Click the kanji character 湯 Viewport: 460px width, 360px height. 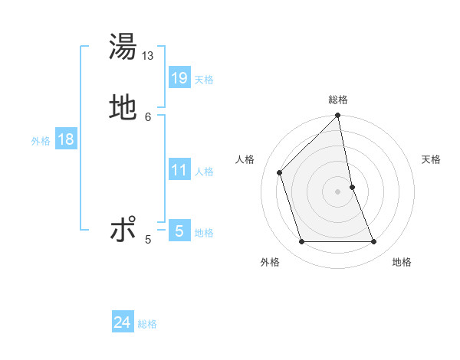(123, 47)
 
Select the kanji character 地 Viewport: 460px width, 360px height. (123, 106)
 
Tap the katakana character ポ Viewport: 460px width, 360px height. (123, 229)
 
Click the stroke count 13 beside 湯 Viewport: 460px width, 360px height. (148, 56)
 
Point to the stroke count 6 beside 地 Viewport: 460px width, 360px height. (148, 116)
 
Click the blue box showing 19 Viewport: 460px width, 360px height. (179, 78)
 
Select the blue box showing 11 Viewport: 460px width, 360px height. (179, 170)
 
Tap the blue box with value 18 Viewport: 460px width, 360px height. (65, 139)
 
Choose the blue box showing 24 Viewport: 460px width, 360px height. (123, 322)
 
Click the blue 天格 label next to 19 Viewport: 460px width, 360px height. (204, 80)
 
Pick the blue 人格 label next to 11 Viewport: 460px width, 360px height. (204, 172)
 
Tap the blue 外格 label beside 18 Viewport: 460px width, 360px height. (41, 141)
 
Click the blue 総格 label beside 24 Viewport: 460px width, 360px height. (147, 324)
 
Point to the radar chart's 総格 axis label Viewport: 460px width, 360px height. (338, 100)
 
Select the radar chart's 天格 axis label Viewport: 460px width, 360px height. (431, 159)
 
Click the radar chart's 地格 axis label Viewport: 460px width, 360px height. (402, 262)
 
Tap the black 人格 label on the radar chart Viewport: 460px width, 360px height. (245, 159)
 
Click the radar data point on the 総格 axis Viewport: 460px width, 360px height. (338, 116)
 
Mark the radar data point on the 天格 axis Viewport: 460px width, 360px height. (352, 187)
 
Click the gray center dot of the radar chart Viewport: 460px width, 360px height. (338, 191)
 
